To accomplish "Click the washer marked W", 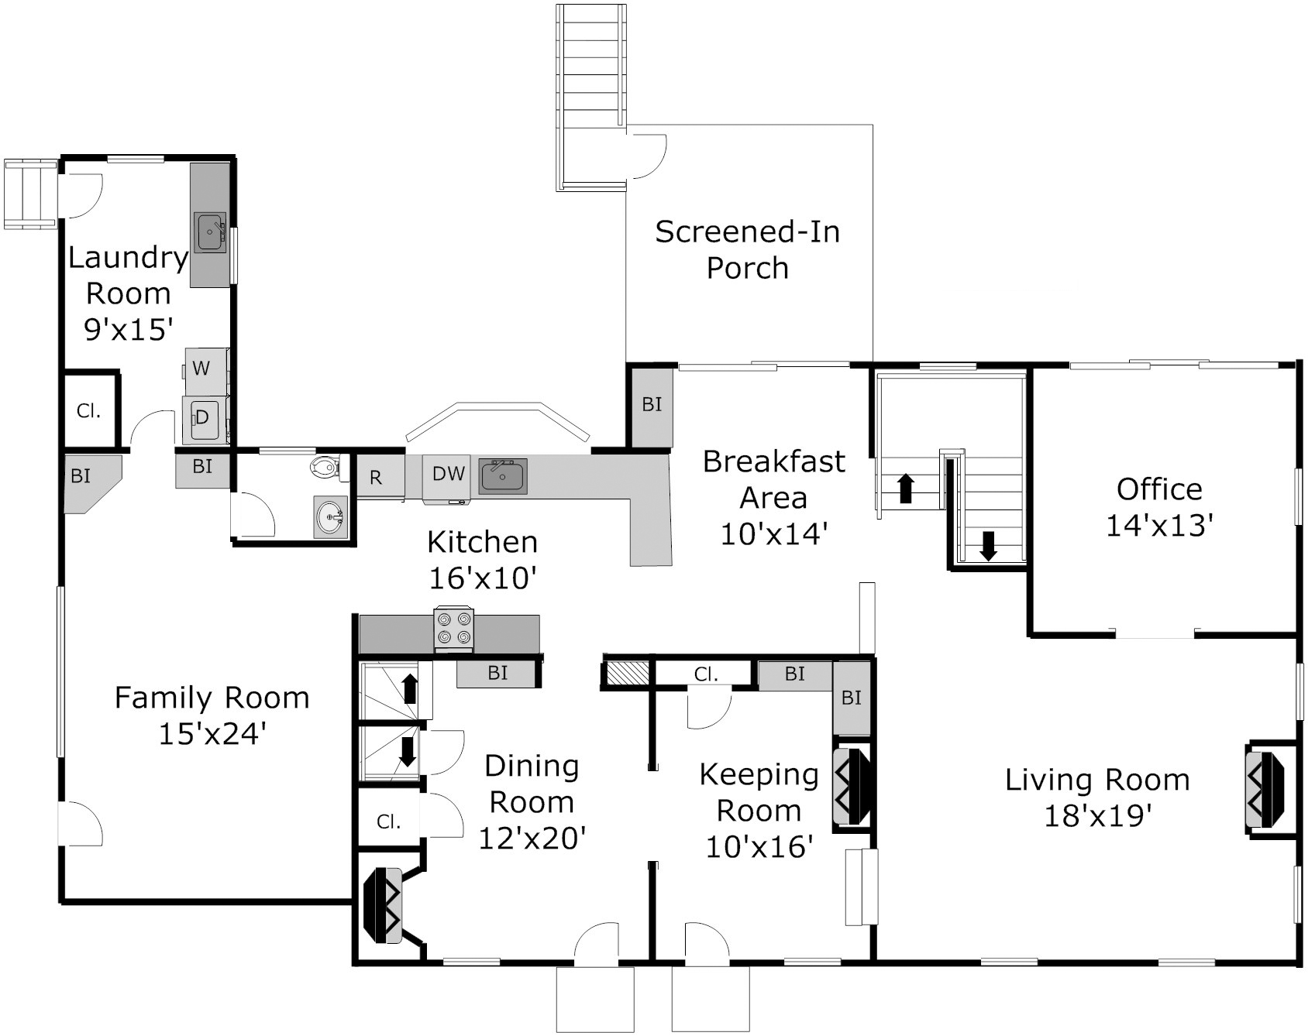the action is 206,369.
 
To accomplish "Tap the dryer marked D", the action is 205,419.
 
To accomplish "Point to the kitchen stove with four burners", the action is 454,629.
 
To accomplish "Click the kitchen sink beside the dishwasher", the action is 503,475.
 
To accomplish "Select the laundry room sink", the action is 209,232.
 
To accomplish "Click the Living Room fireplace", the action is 1265,789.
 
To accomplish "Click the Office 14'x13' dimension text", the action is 1158,526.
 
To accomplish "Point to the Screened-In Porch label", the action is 747,249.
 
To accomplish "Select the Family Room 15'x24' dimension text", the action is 212,733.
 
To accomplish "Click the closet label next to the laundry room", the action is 89,410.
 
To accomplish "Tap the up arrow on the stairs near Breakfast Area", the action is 906,489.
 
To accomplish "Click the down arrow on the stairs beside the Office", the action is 988,546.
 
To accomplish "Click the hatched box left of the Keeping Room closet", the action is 627,672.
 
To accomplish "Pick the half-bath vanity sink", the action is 332,516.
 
